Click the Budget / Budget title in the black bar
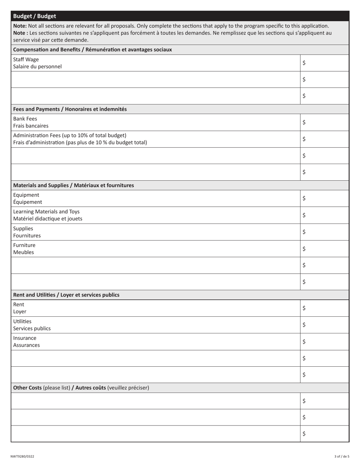(x=34, y=16)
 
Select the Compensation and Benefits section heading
(x=92, y=50)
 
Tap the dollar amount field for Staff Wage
(x=324, y=63)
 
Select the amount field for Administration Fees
(x=324, y=139)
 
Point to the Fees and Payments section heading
(x=70, y=109)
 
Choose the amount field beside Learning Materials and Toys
(x=324, y=215)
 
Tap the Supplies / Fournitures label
(x=27, y=232)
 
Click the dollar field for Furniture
(x=324, y=249)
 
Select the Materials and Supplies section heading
(x=74, y=185)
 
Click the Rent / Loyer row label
(x=20, y=308)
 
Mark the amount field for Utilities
(x=324, y=325)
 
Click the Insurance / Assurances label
(x=26, y=341)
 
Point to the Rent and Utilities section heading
(x=66, y=295)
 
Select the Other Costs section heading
(x=81, y=388)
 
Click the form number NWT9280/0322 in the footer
(x=22, y=457)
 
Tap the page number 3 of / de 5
(x=342, y=457)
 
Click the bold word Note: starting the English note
(x=20, y=26)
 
